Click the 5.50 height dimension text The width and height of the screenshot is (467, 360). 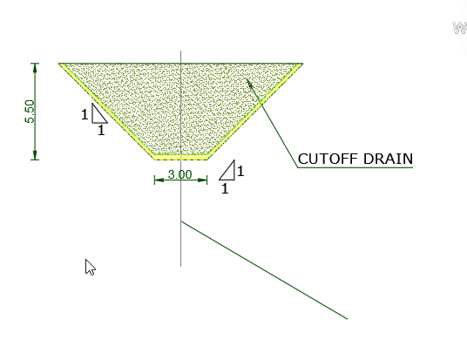point(30,112)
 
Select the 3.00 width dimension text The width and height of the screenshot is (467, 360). point(179,174)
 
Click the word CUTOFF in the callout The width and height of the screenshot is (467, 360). point(328,159)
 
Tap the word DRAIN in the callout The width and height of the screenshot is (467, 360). point(388,159)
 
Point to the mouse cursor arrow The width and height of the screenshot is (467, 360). point(90,267)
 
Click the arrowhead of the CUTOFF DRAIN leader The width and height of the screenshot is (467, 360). point(249,83)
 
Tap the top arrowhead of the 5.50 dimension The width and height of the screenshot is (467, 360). point(35,68)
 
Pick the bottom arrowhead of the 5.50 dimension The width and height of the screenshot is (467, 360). point(35,155)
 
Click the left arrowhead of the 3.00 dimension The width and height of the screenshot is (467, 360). point(159,180)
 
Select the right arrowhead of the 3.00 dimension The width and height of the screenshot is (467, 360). point(202,180)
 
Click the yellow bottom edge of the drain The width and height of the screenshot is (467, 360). point(180,157)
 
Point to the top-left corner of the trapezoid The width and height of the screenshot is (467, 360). point(59,64)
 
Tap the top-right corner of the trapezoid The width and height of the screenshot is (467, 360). point(302,64)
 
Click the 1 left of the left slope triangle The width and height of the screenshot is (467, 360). point(85,114)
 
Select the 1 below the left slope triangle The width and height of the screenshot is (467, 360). point(101,130)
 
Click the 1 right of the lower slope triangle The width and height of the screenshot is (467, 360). point(240,171)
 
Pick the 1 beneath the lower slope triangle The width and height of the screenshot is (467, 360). point(225,188)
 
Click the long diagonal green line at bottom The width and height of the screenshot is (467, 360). point(264,270)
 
